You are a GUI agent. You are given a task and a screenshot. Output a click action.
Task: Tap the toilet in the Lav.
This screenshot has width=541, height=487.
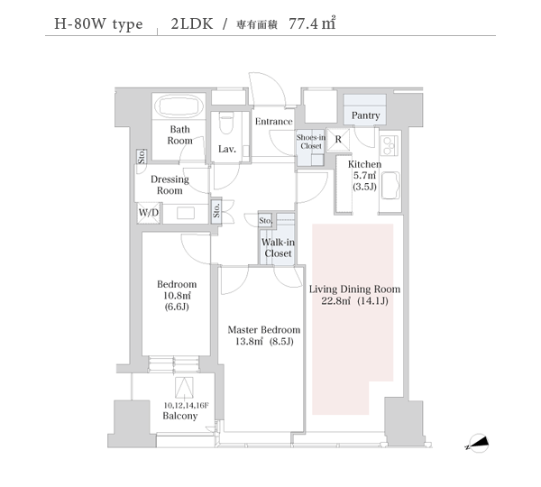coord(226,124)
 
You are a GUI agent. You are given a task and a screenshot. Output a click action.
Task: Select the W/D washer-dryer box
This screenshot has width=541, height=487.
coord(149,213)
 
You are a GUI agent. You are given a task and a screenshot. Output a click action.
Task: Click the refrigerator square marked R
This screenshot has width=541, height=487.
coord(338,140)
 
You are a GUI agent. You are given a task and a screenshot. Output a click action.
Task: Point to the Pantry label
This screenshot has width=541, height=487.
coord(365,115)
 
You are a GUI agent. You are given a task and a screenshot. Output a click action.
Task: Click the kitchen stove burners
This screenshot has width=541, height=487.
coord(389,145)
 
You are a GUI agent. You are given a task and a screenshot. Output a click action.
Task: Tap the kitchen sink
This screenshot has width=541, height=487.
coord(390,186)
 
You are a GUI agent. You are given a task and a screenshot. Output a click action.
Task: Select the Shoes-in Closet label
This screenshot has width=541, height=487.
coord(311,142)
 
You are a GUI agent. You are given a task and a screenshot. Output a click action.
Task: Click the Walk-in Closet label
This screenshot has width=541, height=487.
coord(278,248)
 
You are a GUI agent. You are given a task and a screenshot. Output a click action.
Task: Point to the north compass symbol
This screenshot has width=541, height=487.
coord(478,443)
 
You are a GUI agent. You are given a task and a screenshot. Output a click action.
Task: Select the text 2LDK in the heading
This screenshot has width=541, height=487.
coord(192,23)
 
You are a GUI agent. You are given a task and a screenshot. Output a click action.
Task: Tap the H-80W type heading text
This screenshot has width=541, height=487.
coord(98,24)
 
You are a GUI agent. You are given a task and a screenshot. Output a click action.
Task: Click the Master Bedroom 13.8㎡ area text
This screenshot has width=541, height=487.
coord(264,341)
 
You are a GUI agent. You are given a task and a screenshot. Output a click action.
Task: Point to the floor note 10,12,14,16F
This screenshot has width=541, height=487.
coord(186,405)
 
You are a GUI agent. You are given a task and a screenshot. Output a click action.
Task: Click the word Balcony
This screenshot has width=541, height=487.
coord(180,416)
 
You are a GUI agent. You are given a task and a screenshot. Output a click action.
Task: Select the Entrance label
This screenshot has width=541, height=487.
coord(274,122)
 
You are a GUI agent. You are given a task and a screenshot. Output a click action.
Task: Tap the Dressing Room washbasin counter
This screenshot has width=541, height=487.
coord(186,214)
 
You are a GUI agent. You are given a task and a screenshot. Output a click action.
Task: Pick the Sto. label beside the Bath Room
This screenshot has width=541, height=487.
coord(142,157)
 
